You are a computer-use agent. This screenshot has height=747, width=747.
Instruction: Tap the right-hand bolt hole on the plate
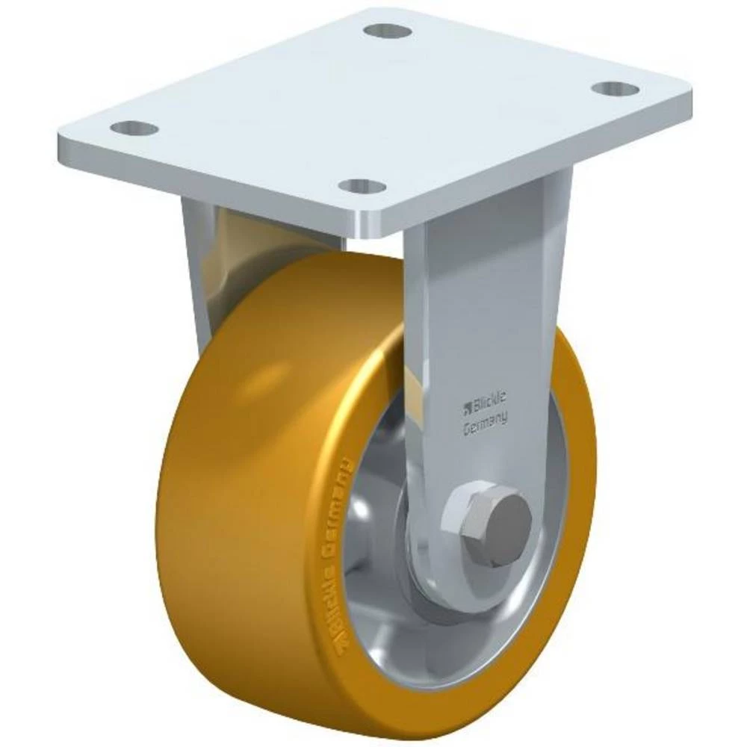coord(616,89)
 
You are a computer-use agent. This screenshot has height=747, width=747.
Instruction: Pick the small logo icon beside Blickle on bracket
coord(468,407)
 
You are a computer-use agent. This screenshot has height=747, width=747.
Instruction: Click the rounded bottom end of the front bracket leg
coord(448,590)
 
